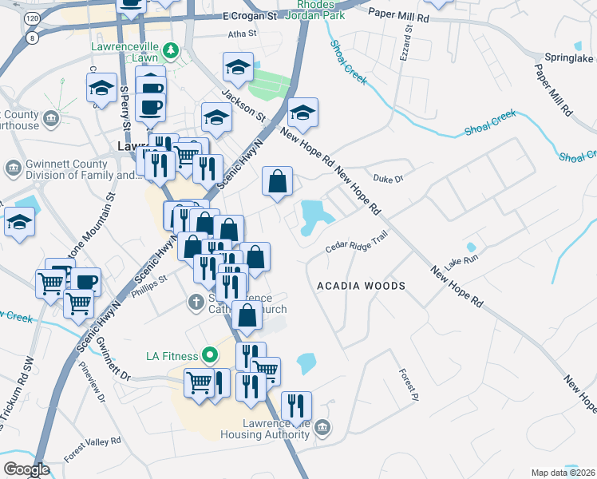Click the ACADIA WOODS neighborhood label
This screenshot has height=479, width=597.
click(x=361, y=285)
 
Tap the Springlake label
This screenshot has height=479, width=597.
click(x=568, y=58)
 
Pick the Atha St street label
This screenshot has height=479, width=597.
click(x=242, y=34)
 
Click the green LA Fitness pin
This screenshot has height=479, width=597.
click(x=210, y=354)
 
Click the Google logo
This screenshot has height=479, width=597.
click(x=26, y=469)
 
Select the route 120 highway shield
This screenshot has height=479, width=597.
click(x=30, y=17)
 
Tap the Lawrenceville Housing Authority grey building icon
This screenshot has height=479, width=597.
click(x=322, y=428)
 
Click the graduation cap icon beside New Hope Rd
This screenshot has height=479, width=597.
click(x=302, y=113)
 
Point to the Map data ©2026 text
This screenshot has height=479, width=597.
click(x=563, y=473)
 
